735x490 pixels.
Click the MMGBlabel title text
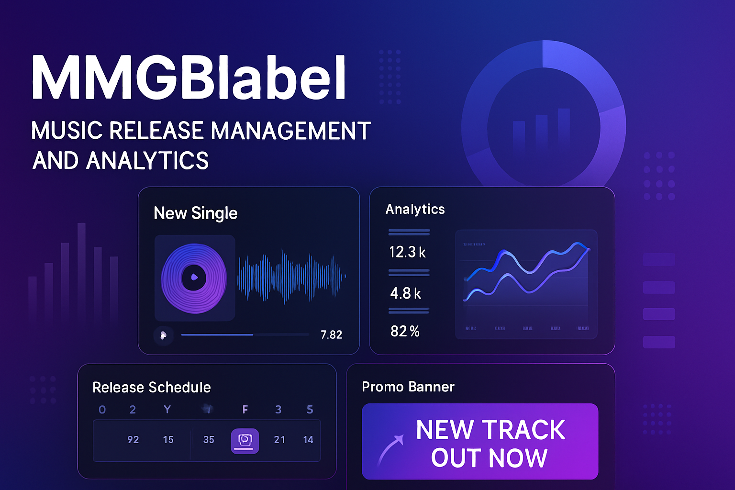click(x=189, y=78)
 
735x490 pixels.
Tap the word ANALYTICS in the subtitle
click(x=147, y=161)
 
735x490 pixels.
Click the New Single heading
click(x=195, y=213)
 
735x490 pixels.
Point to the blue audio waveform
click(x=291, y=277)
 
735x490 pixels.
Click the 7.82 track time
click(x=331, y=335)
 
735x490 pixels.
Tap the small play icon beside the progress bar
click(x=163, y=335)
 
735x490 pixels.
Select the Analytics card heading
click(x=415, y=209)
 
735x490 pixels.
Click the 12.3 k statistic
click(x=407, y=252)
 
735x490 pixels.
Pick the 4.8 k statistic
click(x=405, y=293)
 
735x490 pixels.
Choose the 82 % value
click(x=405, y=331)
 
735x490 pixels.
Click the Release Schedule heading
click(x=151, y=387)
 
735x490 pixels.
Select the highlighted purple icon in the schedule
click(x=245, y=440)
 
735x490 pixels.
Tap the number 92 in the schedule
click(x=133, y=439)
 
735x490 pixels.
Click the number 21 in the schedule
click(x=279, y=439)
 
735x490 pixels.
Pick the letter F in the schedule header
click(x=245, y=410)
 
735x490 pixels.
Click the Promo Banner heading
click(x=408, y=387)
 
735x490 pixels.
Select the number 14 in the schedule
click(x=308, y=439)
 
